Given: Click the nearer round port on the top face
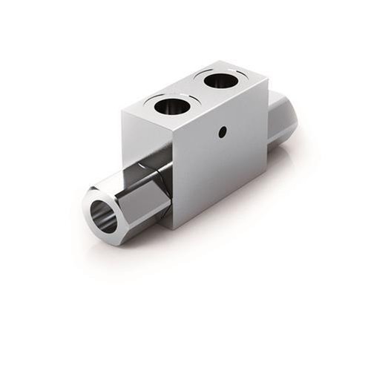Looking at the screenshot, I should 171,106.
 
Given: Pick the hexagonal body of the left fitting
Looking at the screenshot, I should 134,197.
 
